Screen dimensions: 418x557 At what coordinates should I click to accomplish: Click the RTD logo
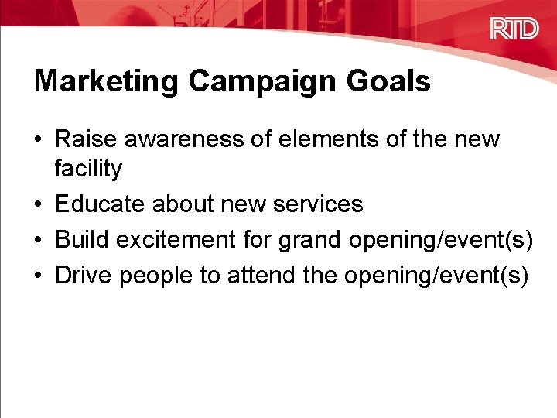point(514,29)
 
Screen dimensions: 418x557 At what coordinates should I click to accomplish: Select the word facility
point(88,168)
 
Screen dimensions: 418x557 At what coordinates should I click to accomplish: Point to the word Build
point(80,240)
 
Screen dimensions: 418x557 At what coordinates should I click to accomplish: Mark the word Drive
point(83,276)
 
